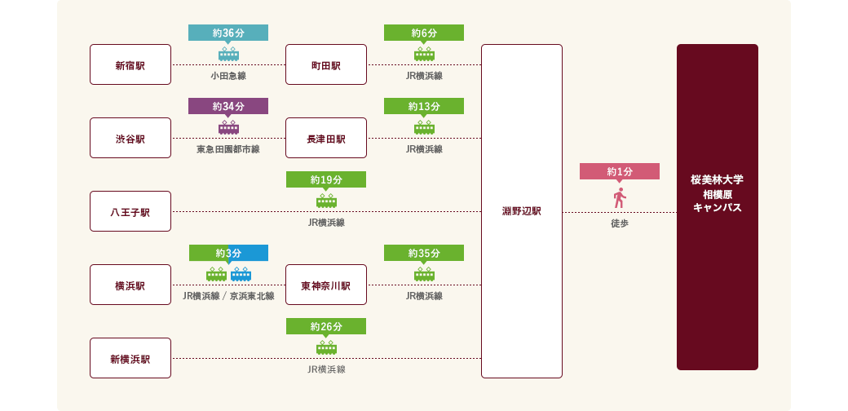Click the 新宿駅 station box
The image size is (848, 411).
click(130, 65)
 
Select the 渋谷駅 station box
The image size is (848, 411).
click(130, 139)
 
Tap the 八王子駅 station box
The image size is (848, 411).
click(130, 212)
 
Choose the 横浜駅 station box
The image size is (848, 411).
click(130, 285)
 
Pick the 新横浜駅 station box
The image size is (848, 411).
click(130, 359)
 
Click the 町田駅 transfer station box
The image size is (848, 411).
click(326, 65)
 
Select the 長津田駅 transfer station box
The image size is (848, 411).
click(326, 139)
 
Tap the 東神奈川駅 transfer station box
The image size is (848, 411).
click(326, 285)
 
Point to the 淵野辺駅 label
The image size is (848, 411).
click(522, 212)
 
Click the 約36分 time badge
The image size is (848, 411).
click(228, 33)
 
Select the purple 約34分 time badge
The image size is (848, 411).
click(228, 106)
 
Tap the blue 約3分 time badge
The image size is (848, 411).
click(228, 253)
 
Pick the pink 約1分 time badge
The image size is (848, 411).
click(620, 171)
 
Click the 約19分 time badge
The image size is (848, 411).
click(326, 179)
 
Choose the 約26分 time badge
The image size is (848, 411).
click(326, 326)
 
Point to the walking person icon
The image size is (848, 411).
click(620, 198)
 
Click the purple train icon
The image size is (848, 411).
click(228, 127)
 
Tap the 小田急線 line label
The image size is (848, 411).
click(228, 76)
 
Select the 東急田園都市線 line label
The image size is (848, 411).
click(228, 149)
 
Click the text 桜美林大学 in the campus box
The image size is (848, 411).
click(718, 179)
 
